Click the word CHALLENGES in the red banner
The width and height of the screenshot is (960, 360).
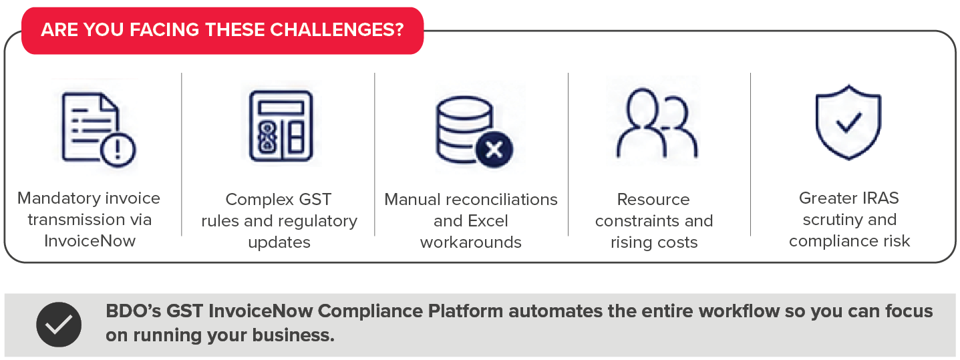point(337,30)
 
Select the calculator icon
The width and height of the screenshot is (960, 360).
point(281,126)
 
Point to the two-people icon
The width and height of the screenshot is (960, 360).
point(657,123)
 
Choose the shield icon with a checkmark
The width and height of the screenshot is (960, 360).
point(848,122)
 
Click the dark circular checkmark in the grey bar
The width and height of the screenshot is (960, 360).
point(59,325)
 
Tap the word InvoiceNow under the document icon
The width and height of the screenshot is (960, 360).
point(90,241)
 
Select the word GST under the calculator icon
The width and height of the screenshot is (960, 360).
point(315,199)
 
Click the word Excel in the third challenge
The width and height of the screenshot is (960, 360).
point(486,220)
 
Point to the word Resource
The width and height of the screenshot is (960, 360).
point(653,199)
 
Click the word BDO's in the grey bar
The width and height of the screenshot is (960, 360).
point(134,311)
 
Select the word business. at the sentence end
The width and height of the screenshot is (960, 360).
point(293,335)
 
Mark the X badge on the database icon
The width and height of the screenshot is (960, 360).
point(494,150)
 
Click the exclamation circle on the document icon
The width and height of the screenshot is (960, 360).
point(118,150)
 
